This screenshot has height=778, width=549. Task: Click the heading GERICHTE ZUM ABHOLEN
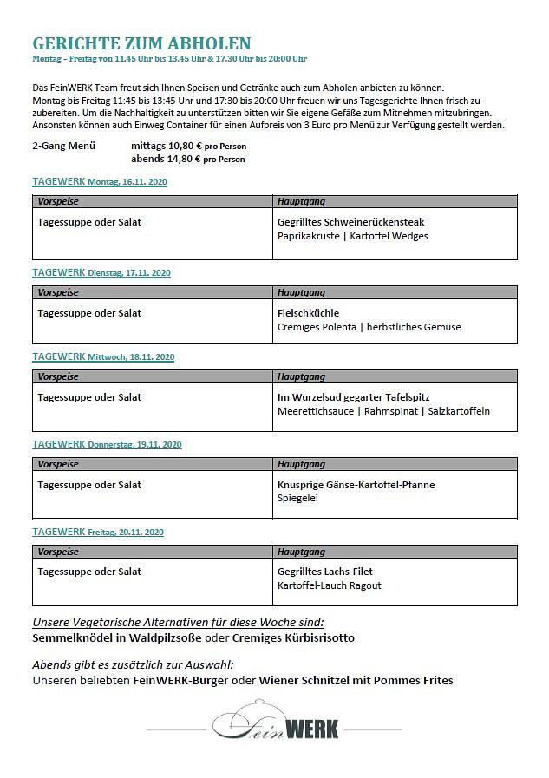pyautogui.click(x=141, y=43)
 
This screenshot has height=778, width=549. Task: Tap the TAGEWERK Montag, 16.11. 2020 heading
pyautogui.click(x=100, y=182)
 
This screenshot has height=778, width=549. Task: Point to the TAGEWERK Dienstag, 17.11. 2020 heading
pyautogui.click(x=101, y=272)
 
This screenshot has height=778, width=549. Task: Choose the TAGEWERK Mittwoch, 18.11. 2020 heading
pyautogui.click(x=103, y=356)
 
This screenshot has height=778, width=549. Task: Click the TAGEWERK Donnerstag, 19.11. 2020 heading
pyautogui.click(x=107, y=444)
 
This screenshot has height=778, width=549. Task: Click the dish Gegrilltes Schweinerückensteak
pyautogui.click(x=350, y=222)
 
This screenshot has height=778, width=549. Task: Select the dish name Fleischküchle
pyautogui.click(x=308, y=312)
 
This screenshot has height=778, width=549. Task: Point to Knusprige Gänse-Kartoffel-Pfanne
pyautogui.click(x=356, y=485)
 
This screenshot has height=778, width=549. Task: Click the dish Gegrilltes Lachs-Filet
pyautogui.click(x=325, y=572)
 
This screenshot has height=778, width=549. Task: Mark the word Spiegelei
pyautogui.click(x=298, y=499)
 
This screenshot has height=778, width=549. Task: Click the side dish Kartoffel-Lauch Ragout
pyautogui.click(x=330, y=585)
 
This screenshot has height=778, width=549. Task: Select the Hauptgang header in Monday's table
pyautogui.click(x=302, y=201)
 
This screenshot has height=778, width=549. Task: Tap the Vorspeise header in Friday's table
pyautogui.click(x=58, y=552)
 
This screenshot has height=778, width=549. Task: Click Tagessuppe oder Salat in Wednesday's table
pyautogui.click(x=89, y=397)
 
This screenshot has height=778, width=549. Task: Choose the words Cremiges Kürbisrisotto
pyautogui.click(x=293, y=638)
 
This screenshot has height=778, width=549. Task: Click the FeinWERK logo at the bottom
pyautogui.click(x=275, y=725)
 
